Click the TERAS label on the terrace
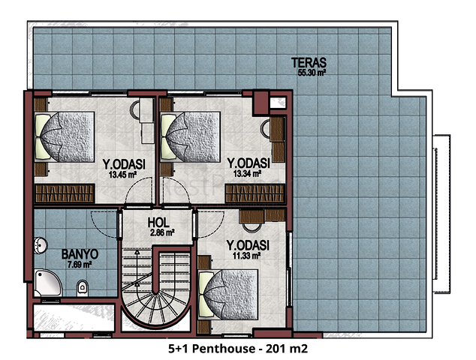(309, 62)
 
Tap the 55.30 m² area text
(312, 73)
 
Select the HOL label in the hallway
(158, 223)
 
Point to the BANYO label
(80, 254)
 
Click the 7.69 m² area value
(80, 265)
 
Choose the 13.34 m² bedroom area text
(248, 173)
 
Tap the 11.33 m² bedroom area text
(246, 256)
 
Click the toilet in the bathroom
(83, 287)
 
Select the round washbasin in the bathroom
(41, 245)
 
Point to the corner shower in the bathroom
(47, 282)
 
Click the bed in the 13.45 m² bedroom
(65, 136)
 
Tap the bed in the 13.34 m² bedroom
(190, 136)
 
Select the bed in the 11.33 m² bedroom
(228, 294)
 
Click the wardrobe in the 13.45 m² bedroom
(65, 193)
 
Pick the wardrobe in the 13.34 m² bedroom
(255, 193)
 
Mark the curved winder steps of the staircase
(155, 306)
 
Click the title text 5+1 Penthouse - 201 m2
(238, 349)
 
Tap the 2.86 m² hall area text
(162, 233)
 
